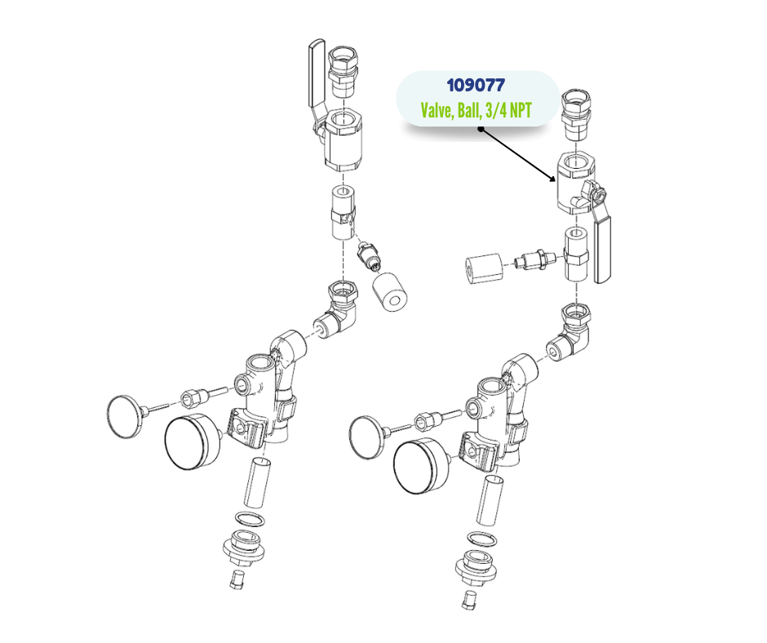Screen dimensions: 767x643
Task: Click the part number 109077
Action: pyautogui.click(x=476, y=86)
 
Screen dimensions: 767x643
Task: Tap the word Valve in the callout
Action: pyautogui.click(x=437, y=111)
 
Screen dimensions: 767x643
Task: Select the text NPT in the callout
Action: pyautogui.click(x=521, y=110)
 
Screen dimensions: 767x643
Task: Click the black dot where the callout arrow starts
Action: pyautogui.click(x=481, y=129)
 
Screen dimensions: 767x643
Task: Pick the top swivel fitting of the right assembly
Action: pyautogui.click(x=577, y=114)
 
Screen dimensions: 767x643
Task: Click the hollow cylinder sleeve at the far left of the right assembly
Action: pyautogui.click(x=484, y=268)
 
